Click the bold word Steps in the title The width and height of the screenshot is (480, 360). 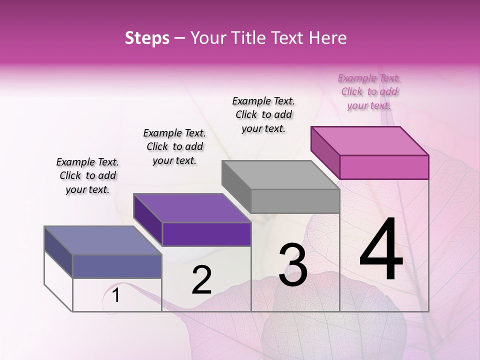[x=147, y=38]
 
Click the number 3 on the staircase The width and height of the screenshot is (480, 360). [x=293, y=265]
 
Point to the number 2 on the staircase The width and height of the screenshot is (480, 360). [x=201, y=280]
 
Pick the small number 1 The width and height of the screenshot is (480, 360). [x=116, y=295]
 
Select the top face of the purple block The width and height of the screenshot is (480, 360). [x=192, y=208]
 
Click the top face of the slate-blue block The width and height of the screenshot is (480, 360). [x=103, y=240]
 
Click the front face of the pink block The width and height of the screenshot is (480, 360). [x=384, y=167]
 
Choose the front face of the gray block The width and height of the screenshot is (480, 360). [x=295, y=201]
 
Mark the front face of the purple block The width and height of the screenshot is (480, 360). [x=206, y=234]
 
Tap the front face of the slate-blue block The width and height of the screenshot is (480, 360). [x=117, y=266]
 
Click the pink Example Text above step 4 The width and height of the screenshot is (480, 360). [x=369, y=91]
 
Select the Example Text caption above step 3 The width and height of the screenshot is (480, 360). [x=263, y=114]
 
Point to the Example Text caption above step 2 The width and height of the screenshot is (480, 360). [x=174, y=146]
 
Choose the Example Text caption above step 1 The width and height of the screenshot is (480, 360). [x=87, y=175]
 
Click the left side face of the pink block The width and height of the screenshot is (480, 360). [x=325, y=152]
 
